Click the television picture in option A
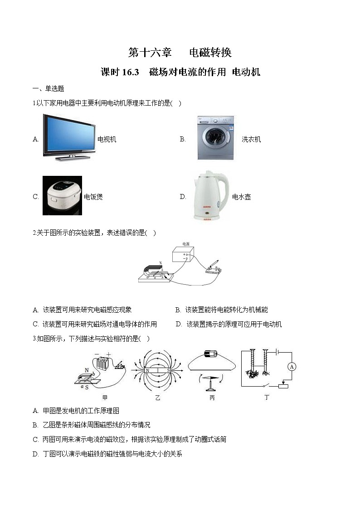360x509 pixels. [68, 138]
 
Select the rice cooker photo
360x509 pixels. [62, 195]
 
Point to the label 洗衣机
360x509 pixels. [251, 139]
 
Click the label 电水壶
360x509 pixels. [241, 197]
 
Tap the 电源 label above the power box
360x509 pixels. [185, 243]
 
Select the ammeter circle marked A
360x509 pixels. [292, 366]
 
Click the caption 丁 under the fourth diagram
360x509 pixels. [267, 398]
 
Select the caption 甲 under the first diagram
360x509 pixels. [105, 398]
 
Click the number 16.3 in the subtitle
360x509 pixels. [130, 73]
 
